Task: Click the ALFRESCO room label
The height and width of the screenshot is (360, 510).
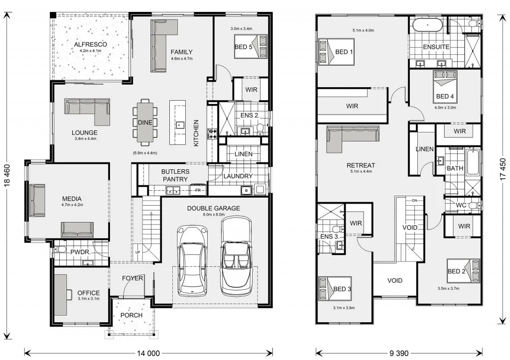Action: tap(91, 44)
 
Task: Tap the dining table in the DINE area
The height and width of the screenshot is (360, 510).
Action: tap(144, 122)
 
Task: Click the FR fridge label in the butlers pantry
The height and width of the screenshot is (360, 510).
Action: tap(198, 190)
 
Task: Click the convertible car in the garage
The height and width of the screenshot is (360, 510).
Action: tap(236, 256)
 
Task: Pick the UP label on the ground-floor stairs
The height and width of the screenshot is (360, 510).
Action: tap(138, 252)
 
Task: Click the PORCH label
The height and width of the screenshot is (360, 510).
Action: tap(131, 315)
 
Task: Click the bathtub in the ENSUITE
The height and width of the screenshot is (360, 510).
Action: tap(427, 25)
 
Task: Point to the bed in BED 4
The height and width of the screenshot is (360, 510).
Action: tap(445, 87)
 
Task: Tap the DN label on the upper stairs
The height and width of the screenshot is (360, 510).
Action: tap(414, 200)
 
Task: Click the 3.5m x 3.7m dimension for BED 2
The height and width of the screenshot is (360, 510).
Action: tap(448, 288)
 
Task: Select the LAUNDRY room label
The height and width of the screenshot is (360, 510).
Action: tap(238, 176)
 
